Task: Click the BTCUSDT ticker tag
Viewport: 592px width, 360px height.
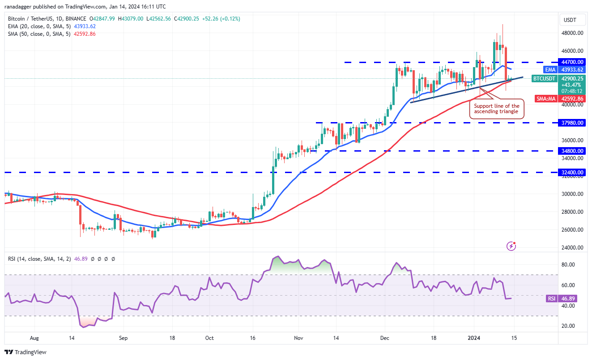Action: pos(544,79)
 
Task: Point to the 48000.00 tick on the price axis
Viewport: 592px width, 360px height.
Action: pos(572,33)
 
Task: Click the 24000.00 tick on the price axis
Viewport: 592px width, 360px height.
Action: pos(572,248)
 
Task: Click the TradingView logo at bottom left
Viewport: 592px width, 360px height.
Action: pos(26,352)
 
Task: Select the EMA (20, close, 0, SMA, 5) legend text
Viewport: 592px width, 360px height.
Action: pos(39,26)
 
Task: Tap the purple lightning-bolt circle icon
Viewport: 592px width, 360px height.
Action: pos(511,246)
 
